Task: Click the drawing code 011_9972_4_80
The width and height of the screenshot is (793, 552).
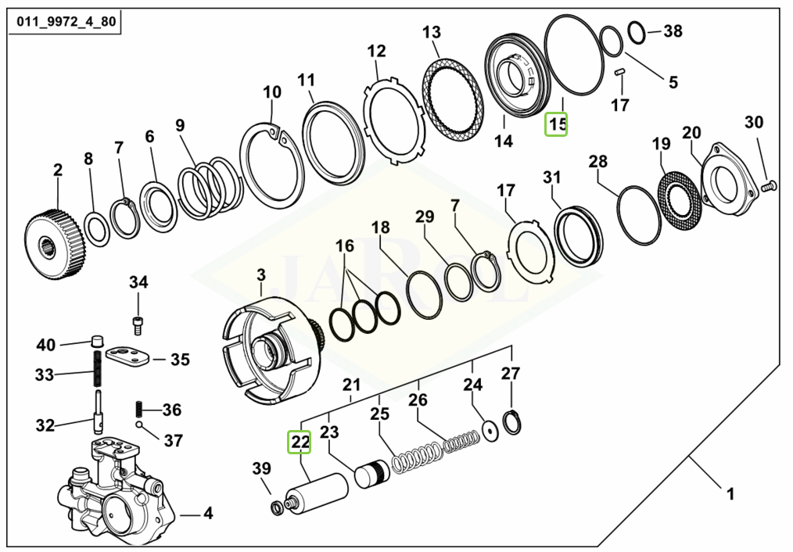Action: pos(63,21)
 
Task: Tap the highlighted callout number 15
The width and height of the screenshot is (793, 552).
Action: pos(556,124)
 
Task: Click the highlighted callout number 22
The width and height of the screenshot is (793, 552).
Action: pos(300,442)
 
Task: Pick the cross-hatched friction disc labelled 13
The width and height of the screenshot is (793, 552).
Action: pos(450,102)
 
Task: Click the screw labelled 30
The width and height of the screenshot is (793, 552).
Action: pos(767,185)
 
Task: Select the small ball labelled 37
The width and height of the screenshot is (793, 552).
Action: pos(139,425)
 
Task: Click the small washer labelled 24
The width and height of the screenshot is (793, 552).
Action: pos(491,429)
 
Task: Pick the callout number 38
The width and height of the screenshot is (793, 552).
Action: pos(673,31)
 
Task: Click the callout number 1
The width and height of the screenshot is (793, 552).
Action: pos(730,494)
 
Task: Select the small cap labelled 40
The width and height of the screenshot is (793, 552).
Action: pos(98,340)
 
